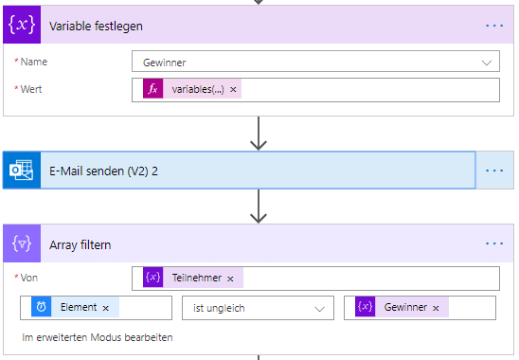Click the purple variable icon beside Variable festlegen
21,26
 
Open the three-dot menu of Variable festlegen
494,26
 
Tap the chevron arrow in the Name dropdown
488,63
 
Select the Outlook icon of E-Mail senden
21,171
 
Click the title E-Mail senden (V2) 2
103,171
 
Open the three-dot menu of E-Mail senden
494,171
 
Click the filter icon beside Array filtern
21,244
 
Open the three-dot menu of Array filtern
494,243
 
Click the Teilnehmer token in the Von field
195,278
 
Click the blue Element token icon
42,308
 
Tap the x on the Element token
106,308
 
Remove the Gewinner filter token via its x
436,308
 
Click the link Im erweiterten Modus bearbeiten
98,337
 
